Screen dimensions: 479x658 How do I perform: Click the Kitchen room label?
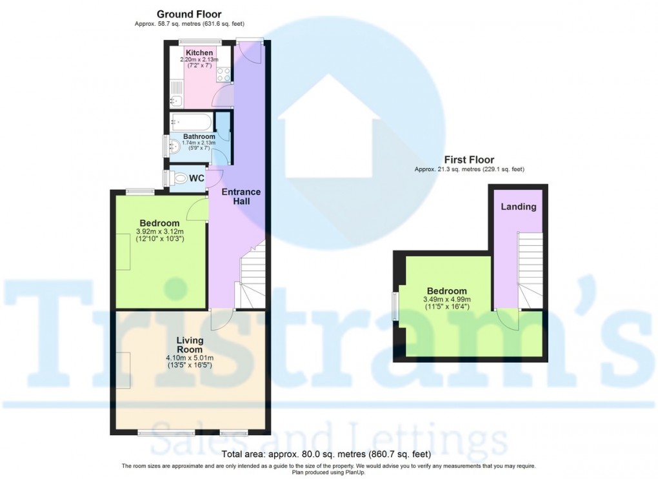click(199, 52)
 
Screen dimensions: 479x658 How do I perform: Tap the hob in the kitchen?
click(224, 74)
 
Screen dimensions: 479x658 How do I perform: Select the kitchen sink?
click(176, 101)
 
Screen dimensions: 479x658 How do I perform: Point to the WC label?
click(197, 178)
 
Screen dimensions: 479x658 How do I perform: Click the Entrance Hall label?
click(241, 196)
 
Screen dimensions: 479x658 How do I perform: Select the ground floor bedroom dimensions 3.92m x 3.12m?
click(160, 232)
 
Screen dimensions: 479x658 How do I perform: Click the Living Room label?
click(190, 345)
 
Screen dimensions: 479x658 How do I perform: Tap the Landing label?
click(519, 207)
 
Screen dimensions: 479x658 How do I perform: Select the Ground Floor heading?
click(190, 14)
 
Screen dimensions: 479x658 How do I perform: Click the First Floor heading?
click(469, 159)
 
